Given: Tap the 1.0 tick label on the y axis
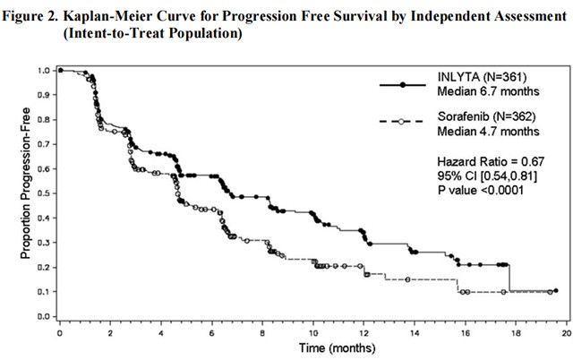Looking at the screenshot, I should (x=44, y=70).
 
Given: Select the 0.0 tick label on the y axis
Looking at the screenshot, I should (x=44, y=317).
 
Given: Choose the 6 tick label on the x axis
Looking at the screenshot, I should (x=211, y=332).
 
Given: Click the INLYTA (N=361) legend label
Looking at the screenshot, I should (x=478, y=85).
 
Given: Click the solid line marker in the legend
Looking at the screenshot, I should (x=403, y=85).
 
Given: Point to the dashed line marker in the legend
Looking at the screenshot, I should (x=403, y=120).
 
